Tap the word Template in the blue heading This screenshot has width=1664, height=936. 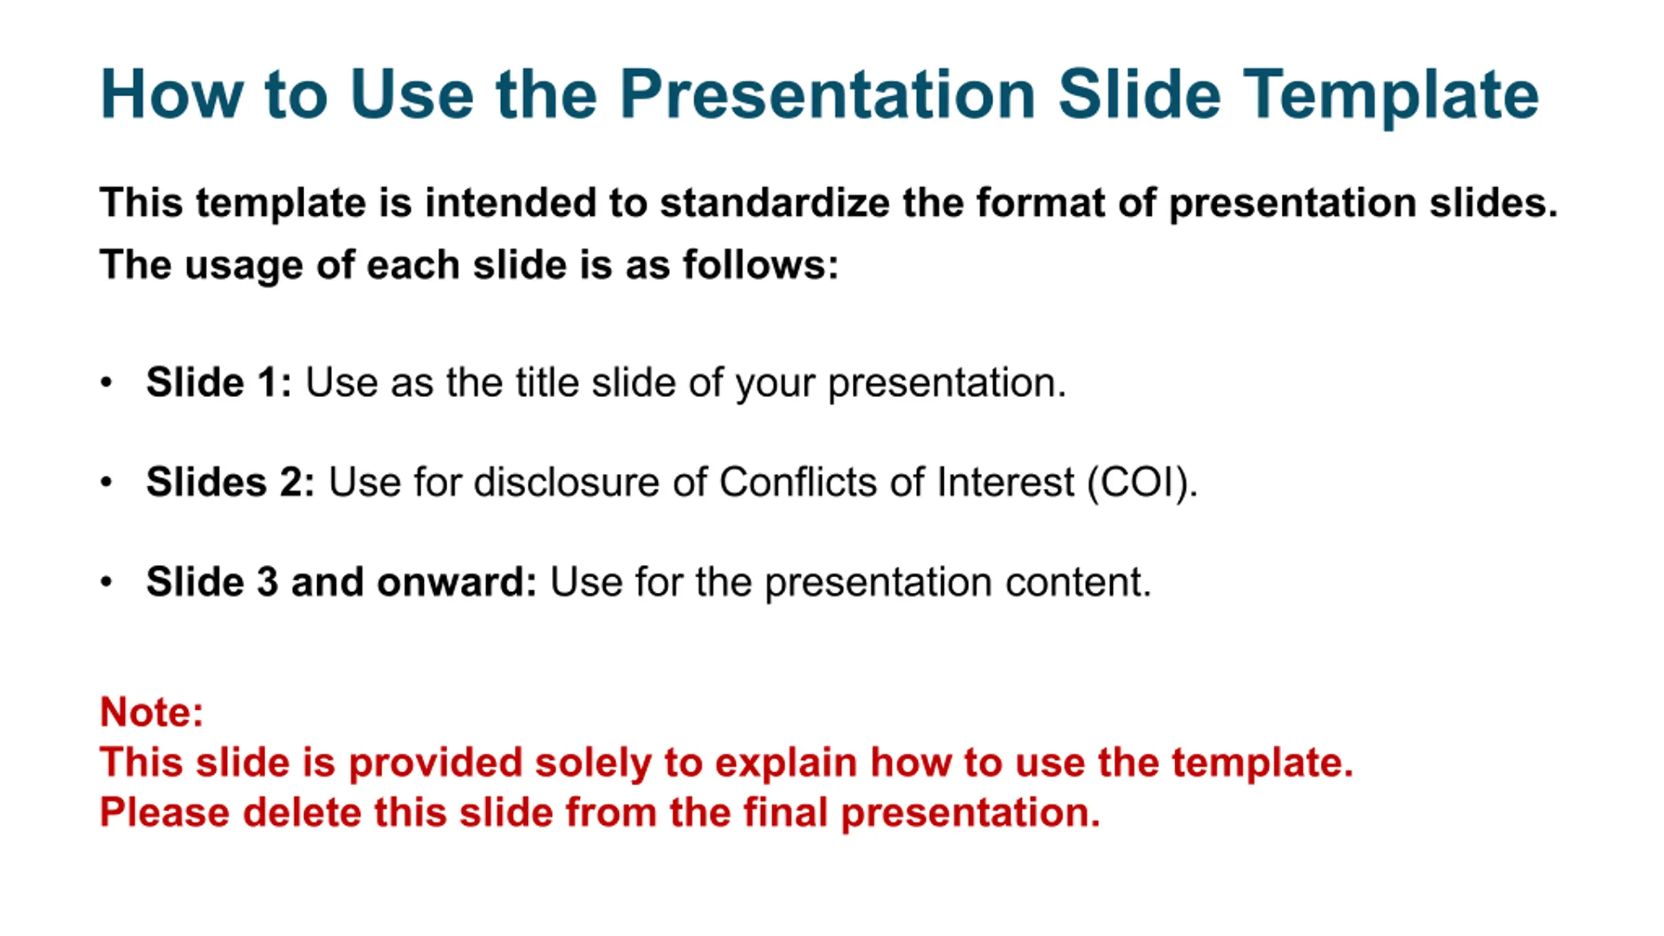[x=1390, y=97]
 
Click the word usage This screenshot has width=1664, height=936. [x=243, y=266]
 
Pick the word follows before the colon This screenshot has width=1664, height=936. [x=754, y=265]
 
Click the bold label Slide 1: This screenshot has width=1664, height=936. [x=219, y=382]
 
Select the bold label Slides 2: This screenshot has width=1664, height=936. [x=231, y=482]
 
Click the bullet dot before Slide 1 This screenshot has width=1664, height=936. [x=107, y=382]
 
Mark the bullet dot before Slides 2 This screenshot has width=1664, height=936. [x=107, y=482]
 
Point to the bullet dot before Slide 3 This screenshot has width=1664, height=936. [x=107, y=582]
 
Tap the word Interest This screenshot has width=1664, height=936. [x=1006, y=482]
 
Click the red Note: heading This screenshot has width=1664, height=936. [x=151, y=712]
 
